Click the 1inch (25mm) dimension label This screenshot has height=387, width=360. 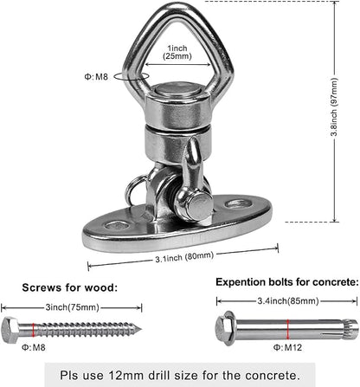coord(177,52)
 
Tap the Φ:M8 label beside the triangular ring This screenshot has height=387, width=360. coord(96,77)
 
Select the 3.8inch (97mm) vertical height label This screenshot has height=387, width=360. coord(334,107)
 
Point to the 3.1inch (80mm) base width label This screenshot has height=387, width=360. coord(184,256)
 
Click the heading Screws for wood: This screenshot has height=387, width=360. coord(70,287)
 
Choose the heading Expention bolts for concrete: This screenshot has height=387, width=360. coord(287,282)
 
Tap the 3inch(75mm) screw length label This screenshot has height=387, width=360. coord(72,307)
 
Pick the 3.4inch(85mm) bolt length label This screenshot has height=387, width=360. coord(288,301)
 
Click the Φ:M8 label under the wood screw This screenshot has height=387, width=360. coord(34,347)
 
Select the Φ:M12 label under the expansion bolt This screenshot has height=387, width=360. coord(287,347)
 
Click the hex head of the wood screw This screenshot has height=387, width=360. coord(10,330)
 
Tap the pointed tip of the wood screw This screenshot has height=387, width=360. coord(140,329)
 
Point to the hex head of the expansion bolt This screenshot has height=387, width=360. coord(224,328)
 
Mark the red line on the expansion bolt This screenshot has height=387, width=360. coord(287,329)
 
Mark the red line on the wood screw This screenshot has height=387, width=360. coord(34,330)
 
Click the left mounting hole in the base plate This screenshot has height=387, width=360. coord(118,226)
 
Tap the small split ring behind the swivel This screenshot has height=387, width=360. coord(133,190)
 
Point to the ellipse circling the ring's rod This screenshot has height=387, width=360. coord(132,76)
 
